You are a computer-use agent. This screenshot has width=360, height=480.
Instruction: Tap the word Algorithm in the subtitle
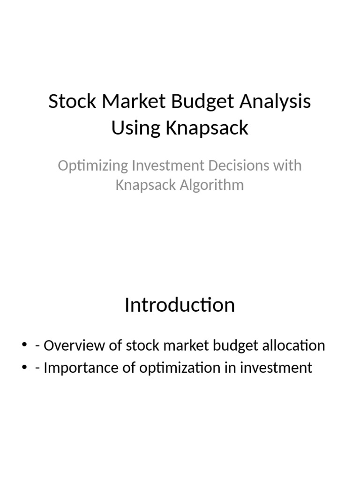pyautogui.click(x=215, y=185)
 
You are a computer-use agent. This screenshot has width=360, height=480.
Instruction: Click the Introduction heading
pyautogui.click(x=180, y=305)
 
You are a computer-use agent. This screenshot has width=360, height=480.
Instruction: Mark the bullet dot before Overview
pyautogui.click(x=25, y=346)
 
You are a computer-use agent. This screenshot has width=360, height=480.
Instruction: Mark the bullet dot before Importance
pyautogui.click(x=25, y=368)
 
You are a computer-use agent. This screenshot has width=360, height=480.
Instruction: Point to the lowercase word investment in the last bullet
pyautogui.click(x=276, y=367)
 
